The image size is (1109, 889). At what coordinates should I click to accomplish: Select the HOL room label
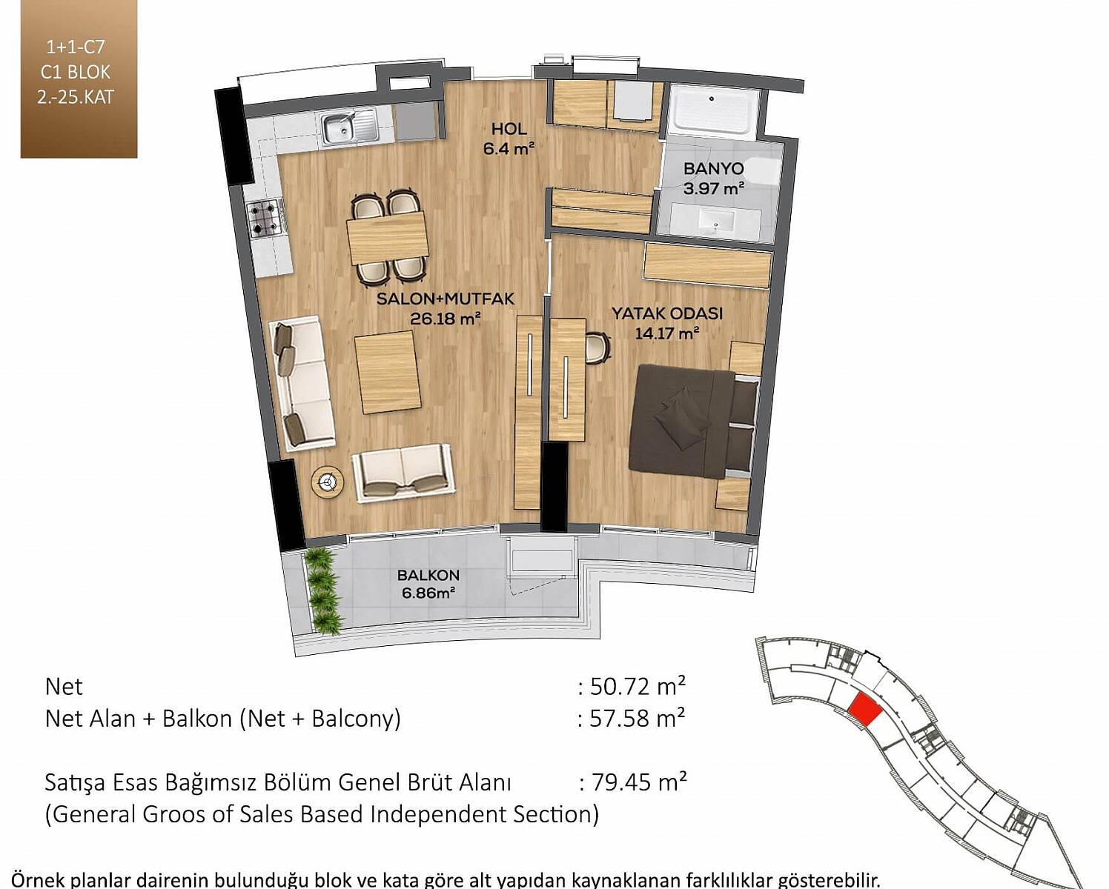509,129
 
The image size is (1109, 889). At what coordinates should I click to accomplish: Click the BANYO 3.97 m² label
714,179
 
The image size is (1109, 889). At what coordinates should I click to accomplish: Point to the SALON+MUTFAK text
446,299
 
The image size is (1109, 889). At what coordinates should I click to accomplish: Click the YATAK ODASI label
667,313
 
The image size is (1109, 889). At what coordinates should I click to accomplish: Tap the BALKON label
428,575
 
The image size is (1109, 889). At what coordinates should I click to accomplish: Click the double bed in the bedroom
694,422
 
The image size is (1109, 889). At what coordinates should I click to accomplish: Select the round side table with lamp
328,482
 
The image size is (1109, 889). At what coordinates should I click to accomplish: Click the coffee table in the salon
388,372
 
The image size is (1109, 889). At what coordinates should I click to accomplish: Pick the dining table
388,239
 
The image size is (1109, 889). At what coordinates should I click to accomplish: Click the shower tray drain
712,99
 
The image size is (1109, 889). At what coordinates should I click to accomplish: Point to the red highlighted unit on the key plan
864,709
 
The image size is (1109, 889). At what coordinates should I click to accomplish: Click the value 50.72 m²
638,687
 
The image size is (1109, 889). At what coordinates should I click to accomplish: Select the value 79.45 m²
638,782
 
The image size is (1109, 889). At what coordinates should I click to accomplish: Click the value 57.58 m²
638,718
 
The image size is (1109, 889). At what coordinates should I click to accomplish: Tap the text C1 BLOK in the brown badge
75,72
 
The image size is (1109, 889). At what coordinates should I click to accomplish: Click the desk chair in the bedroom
597,347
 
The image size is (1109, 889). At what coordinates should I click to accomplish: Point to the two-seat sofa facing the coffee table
403,473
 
